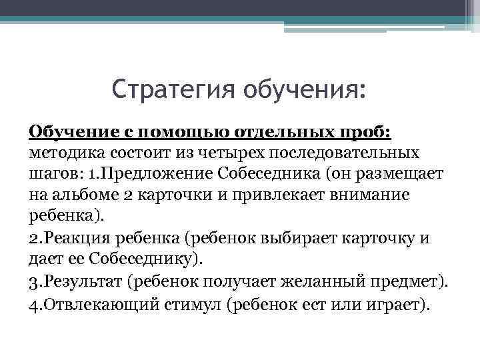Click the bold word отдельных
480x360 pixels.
click(x=279, y=131)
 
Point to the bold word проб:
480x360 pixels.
click(x=366, y=131)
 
